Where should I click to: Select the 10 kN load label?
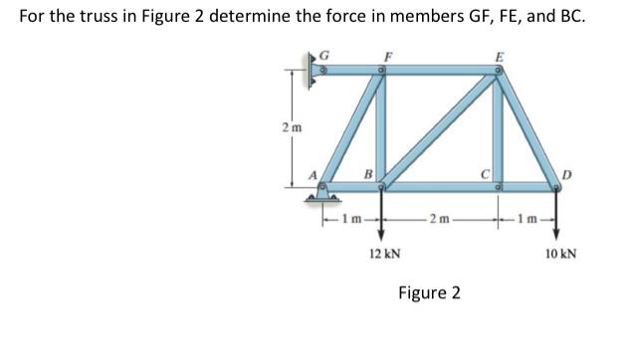(x=557, y=255)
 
